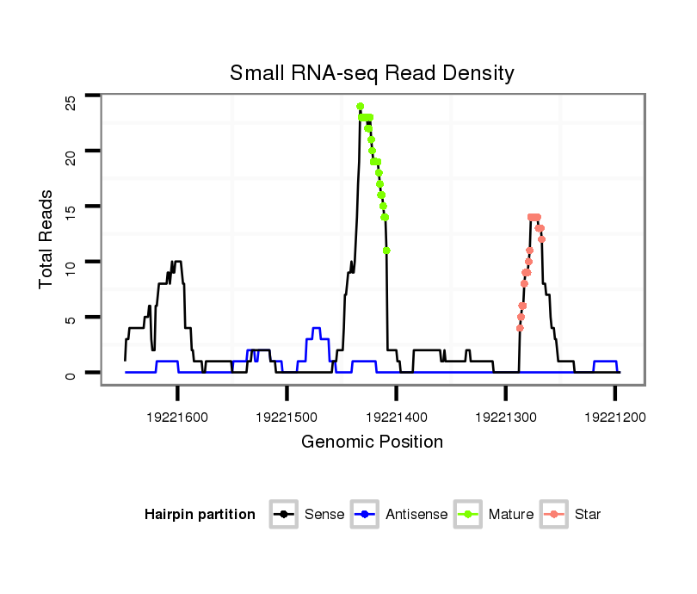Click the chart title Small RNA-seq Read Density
(x=372, y=73)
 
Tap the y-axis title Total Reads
(x=47, y=238)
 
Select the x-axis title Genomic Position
(x=372, y=442)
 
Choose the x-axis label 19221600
(x=177, y=417)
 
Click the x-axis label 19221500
(x=287, y=417)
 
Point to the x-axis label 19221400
(x=396, y=417)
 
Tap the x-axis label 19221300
(x=505, y=417)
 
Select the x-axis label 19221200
(x=614, y=417)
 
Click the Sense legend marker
(x=283, y=515)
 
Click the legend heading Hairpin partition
(x=200, y=515)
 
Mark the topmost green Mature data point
(x=360, y=107)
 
